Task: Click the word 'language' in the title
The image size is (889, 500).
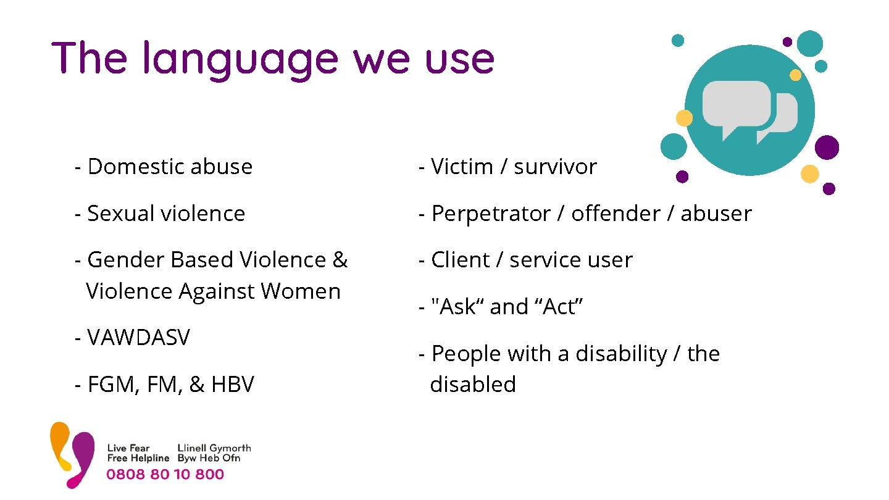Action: (241, 60)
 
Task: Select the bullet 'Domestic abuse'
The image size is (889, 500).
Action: (170, 167)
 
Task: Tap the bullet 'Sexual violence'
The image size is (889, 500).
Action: (166, 214)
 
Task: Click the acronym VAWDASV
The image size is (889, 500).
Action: (138, 338)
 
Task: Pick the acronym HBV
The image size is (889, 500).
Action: (232, 385)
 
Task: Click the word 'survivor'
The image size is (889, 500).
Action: (555, 167)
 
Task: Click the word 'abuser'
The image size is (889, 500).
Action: (716, 214)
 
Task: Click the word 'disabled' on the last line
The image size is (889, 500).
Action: (473, 384)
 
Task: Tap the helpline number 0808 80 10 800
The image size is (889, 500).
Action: (165, 474)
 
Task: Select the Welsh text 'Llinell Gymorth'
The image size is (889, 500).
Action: (214, 448)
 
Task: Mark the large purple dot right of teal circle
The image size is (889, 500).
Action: (827, 148)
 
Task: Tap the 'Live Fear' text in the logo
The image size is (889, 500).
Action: (128, 448)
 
